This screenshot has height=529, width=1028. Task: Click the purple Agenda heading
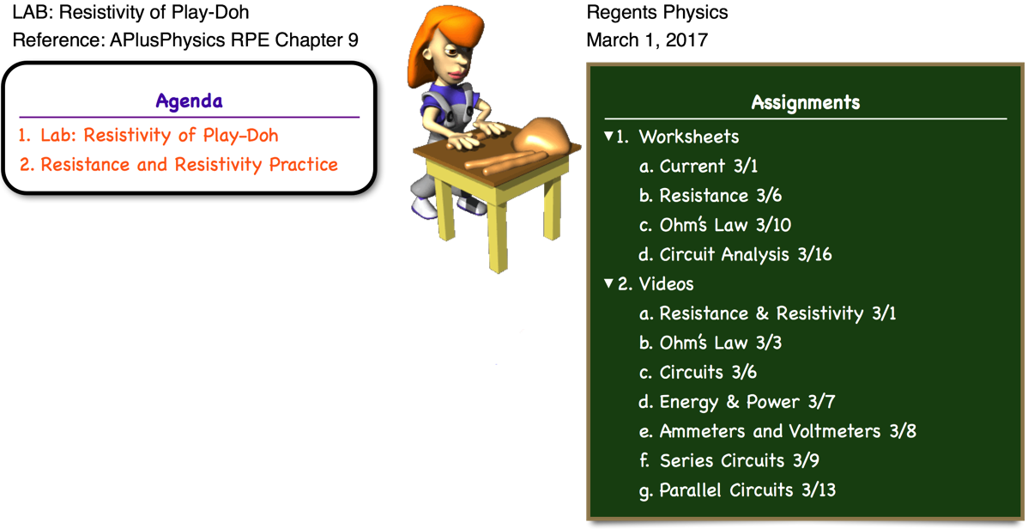[189, 101]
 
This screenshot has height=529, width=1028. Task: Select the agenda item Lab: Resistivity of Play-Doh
[148, 135]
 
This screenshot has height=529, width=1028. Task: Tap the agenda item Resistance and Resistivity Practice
[178, 164]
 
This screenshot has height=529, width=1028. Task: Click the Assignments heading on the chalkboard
[805, 102]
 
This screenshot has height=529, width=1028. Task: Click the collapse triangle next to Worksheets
[608, 136]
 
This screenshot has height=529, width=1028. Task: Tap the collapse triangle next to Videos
[608, 283]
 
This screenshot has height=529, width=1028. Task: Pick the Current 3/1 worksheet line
[698, 166]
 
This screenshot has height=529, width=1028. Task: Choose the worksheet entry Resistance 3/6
[711, 196]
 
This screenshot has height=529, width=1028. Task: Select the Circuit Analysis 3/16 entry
[735, 254]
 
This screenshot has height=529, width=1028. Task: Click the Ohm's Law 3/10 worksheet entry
[716, 225]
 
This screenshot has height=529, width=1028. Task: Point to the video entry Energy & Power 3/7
[737, 402]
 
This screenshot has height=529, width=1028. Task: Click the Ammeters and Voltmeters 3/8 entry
[777, 431]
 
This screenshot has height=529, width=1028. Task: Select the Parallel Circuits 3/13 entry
[737, 490]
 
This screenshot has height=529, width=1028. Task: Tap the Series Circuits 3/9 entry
[729, 461]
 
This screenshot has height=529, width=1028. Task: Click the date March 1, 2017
[647, 40]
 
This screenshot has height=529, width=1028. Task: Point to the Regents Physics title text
[657, 12]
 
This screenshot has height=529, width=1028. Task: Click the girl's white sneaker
[424, 207]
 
